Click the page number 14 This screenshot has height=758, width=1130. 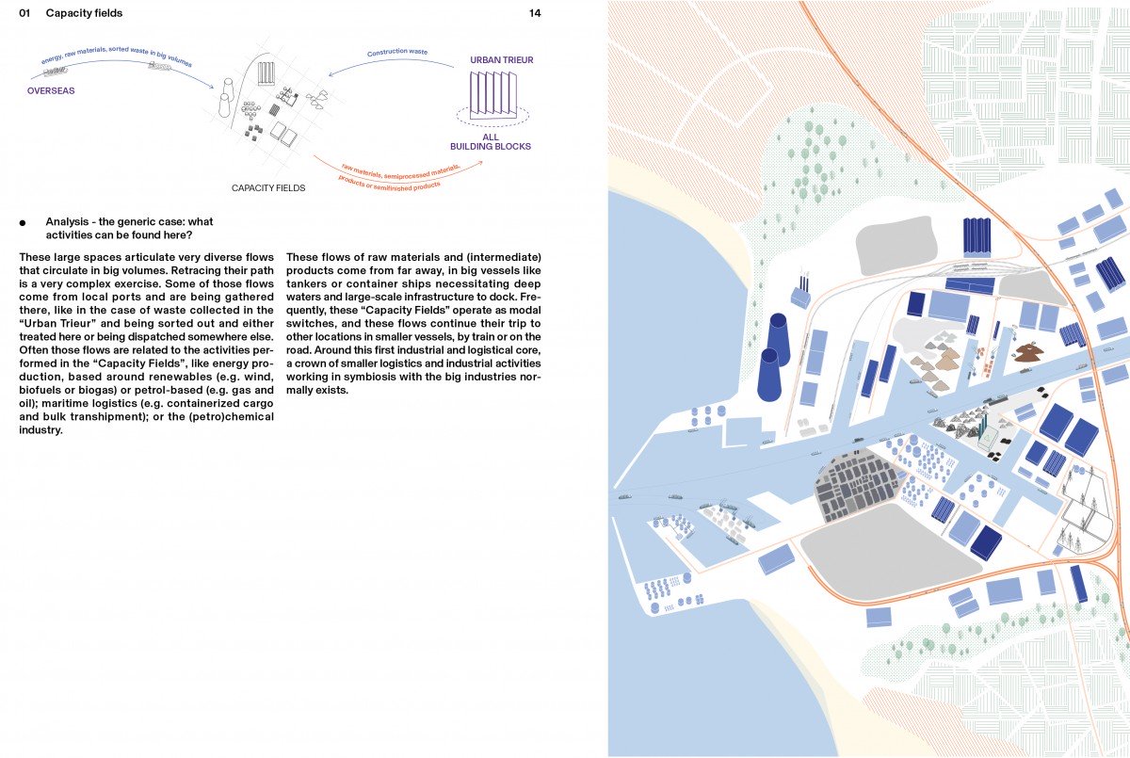coord(535,13)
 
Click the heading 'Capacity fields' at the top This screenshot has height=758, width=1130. coord(84,13)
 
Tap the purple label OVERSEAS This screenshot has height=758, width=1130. coord(51,91)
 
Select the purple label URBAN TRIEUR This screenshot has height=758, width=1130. coord(501,60)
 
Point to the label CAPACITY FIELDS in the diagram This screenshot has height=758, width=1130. coord(268,188)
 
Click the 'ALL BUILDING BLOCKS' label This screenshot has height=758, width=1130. coord(490,141)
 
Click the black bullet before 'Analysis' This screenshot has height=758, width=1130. coord(23,223)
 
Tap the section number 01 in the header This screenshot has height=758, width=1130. coord(24,13)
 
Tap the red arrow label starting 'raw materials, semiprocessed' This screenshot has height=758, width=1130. coord(400,174)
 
